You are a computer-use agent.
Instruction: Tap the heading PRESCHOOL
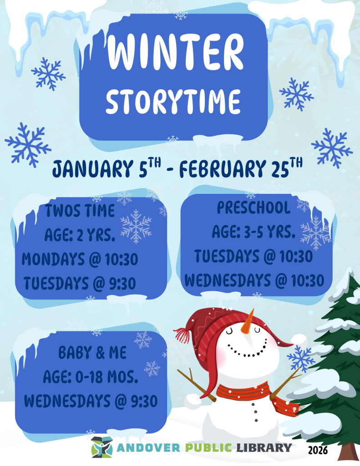click(x=254, y=208)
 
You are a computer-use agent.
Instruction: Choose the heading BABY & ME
click(x=92, y=353)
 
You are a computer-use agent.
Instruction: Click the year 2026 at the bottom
click(x=317, y=451)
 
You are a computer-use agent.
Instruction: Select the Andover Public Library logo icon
click(x=101, y=447)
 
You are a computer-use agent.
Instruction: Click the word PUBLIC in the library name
click(x=208, y=447)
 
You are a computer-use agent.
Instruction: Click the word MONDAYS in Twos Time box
click(x=53, y=260)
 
